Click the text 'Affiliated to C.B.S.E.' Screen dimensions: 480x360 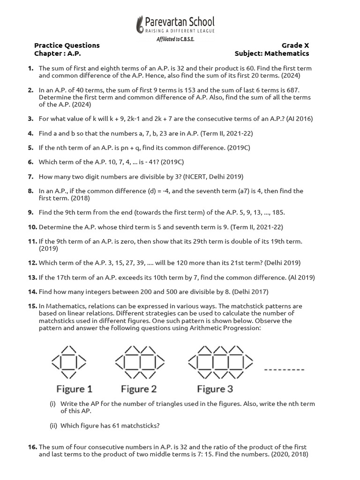point(175,39)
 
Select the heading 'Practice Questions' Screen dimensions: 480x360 point(67,45)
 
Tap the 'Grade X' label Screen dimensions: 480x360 point(295,45)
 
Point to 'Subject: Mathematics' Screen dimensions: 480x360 point(272,53)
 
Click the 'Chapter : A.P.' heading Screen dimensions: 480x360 point(55,53)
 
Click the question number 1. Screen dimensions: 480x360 point(30,68)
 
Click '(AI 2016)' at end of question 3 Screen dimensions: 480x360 point(297,119)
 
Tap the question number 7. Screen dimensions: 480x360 point(30,177)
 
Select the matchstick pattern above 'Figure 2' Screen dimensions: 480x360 point(139,362)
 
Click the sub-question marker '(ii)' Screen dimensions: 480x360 point(53,426)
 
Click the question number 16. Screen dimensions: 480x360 point(32,447)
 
